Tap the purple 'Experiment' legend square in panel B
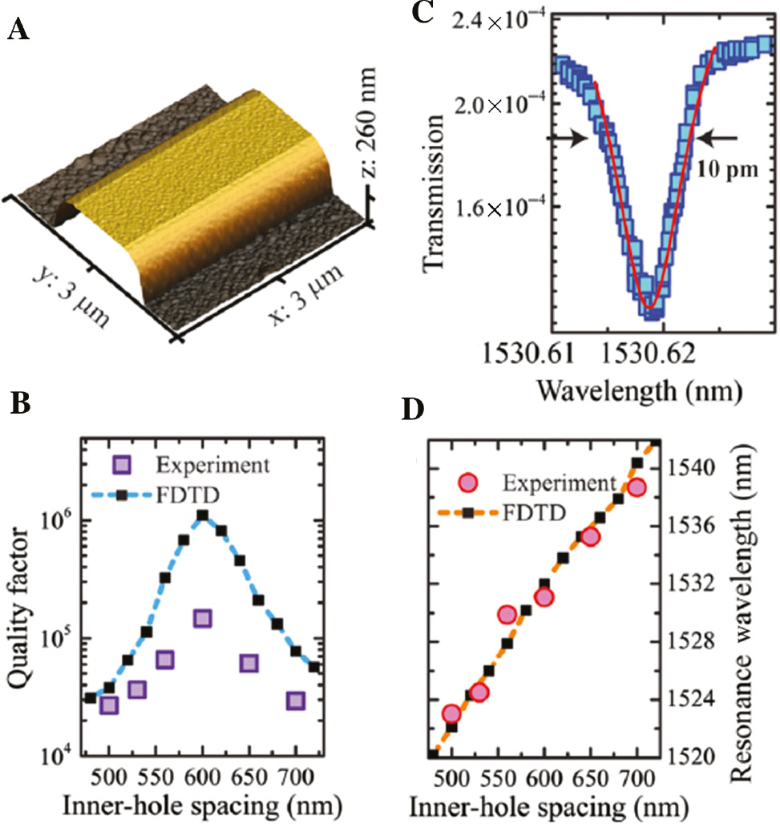(x=122, y=464)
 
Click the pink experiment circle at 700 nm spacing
(x=637, y=487)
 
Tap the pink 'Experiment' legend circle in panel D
(x=467, y=483)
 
